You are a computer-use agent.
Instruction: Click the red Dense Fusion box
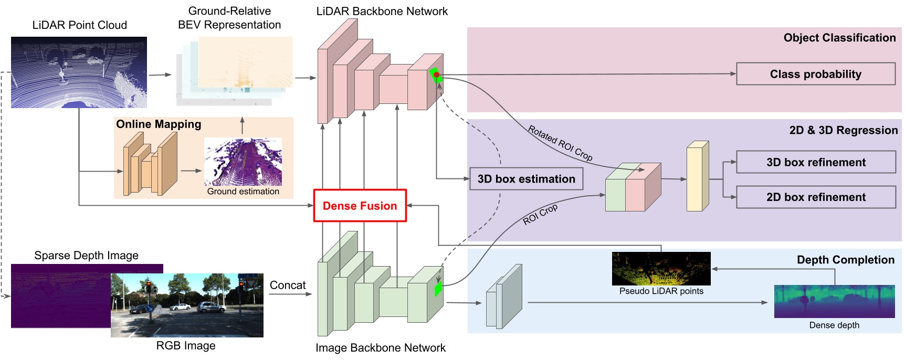point(360,206)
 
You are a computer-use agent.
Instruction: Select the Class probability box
point(815,74)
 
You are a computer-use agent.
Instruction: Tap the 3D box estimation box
point(526,179)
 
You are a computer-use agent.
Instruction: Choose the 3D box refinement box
point(815,162)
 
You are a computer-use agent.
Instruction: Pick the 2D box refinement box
point(815,197)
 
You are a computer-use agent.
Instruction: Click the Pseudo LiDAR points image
point(661,269)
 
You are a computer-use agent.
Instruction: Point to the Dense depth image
point(834,301)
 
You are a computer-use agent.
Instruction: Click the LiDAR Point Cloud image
point(79,72)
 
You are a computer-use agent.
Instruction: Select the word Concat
point(287,285)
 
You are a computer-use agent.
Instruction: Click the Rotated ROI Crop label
point(560,143)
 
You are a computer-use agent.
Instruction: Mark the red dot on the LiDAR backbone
point(436,75)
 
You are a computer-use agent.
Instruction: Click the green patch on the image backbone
point(438,289)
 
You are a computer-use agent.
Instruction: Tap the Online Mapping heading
point(159,124)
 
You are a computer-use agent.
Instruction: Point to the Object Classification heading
point(839,38)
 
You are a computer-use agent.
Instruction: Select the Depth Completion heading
point(845,260)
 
